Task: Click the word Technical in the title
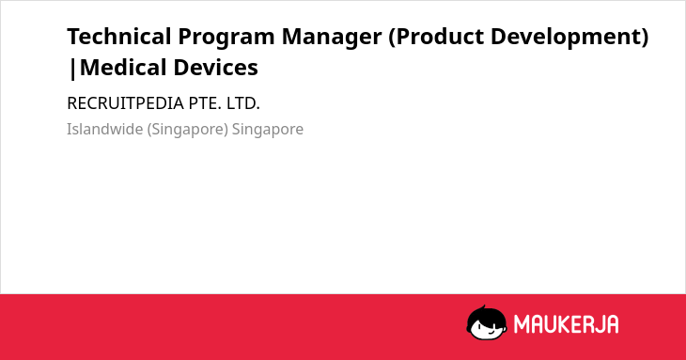click(x=119, y=37)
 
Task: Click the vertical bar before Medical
click(x=72, y=69)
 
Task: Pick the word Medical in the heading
click(x=123, y=68)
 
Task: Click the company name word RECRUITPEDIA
click(x=125, y=103)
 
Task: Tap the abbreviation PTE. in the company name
click(x=205, y=103)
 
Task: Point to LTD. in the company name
click(x=243, y=103)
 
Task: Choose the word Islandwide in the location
click(x=105, y=129)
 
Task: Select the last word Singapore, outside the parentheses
click(x=268, y=130)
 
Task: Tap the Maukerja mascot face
click(x=487, y=326)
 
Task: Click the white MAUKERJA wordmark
click(x=566, y=324)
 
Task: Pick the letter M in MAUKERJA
click(x=521, y=324)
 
